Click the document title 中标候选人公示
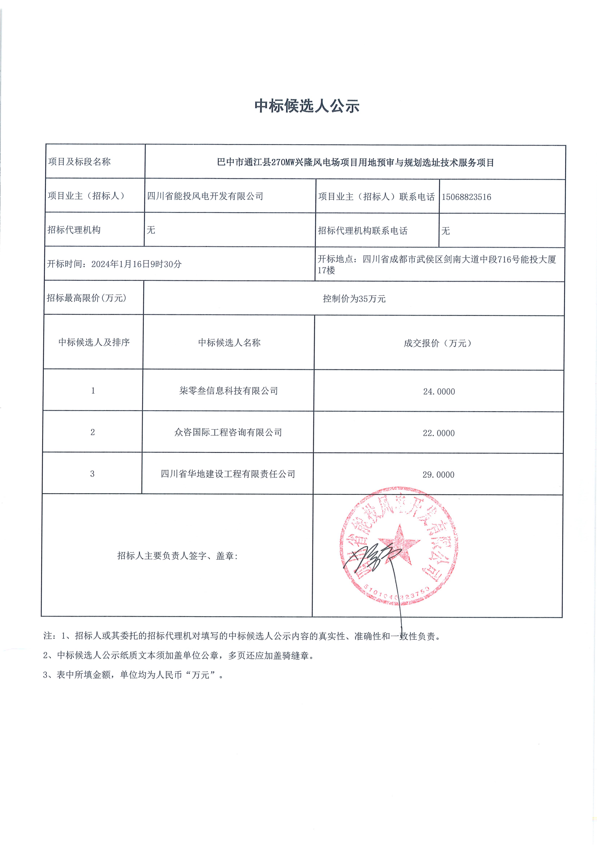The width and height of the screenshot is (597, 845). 307,106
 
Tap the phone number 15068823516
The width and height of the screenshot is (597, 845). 466,197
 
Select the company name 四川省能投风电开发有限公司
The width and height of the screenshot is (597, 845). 205,196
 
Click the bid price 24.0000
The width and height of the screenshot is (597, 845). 439,391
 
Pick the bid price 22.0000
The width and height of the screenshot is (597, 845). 438,433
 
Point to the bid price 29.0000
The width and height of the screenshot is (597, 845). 438,475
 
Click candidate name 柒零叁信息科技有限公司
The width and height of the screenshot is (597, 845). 228,391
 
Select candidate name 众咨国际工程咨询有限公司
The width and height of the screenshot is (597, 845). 228,432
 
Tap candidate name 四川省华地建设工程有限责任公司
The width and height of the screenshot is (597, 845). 228,474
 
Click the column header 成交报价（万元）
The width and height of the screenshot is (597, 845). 437,343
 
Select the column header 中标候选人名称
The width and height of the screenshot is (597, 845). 229,343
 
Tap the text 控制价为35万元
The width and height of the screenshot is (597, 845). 354,299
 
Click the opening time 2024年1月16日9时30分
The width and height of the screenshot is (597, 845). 136,264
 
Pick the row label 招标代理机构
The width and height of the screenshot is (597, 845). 74,230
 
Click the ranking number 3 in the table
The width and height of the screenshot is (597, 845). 92,474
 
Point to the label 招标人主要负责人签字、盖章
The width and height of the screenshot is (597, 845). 177,556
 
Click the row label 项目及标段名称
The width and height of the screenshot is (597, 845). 79,162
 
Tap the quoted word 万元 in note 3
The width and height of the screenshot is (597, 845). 200,675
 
